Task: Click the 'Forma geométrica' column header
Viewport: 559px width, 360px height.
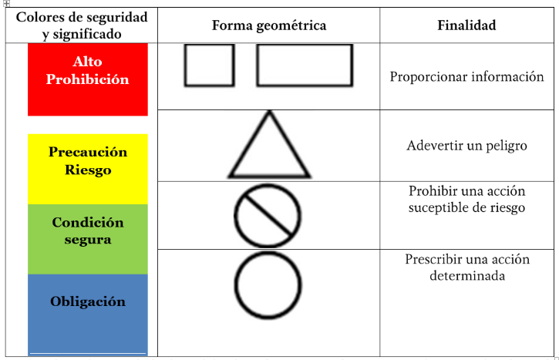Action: tap(269, 25)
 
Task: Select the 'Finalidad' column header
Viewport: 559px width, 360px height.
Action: tap(466, 25)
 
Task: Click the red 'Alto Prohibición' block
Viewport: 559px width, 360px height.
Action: tap(88, 79)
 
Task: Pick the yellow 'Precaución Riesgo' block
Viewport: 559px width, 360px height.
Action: tap(88, 169)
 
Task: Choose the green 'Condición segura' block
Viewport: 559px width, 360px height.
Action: tap(88, 239)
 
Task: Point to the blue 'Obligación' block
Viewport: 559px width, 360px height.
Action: tap(88, 315)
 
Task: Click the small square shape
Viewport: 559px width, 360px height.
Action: tap(185, 66)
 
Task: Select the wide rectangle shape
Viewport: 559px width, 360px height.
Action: tap(258, 66)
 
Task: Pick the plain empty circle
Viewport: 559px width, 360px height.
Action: tap(235, 285)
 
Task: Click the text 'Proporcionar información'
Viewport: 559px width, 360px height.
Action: tap(466, 77)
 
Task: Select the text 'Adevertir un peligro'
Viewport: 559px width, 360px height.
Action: tap(466, 146)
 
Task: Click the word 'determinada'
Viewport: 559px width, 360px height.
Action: tap(467, 275)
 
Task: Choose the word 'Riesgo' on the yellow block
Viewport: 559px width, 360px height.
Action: tap(88, 170)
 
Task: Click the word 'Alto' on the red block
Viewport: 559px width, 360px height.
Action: tap(87, 62)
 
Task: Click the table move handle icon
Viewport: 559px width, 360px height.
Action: tap(6, 4)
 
